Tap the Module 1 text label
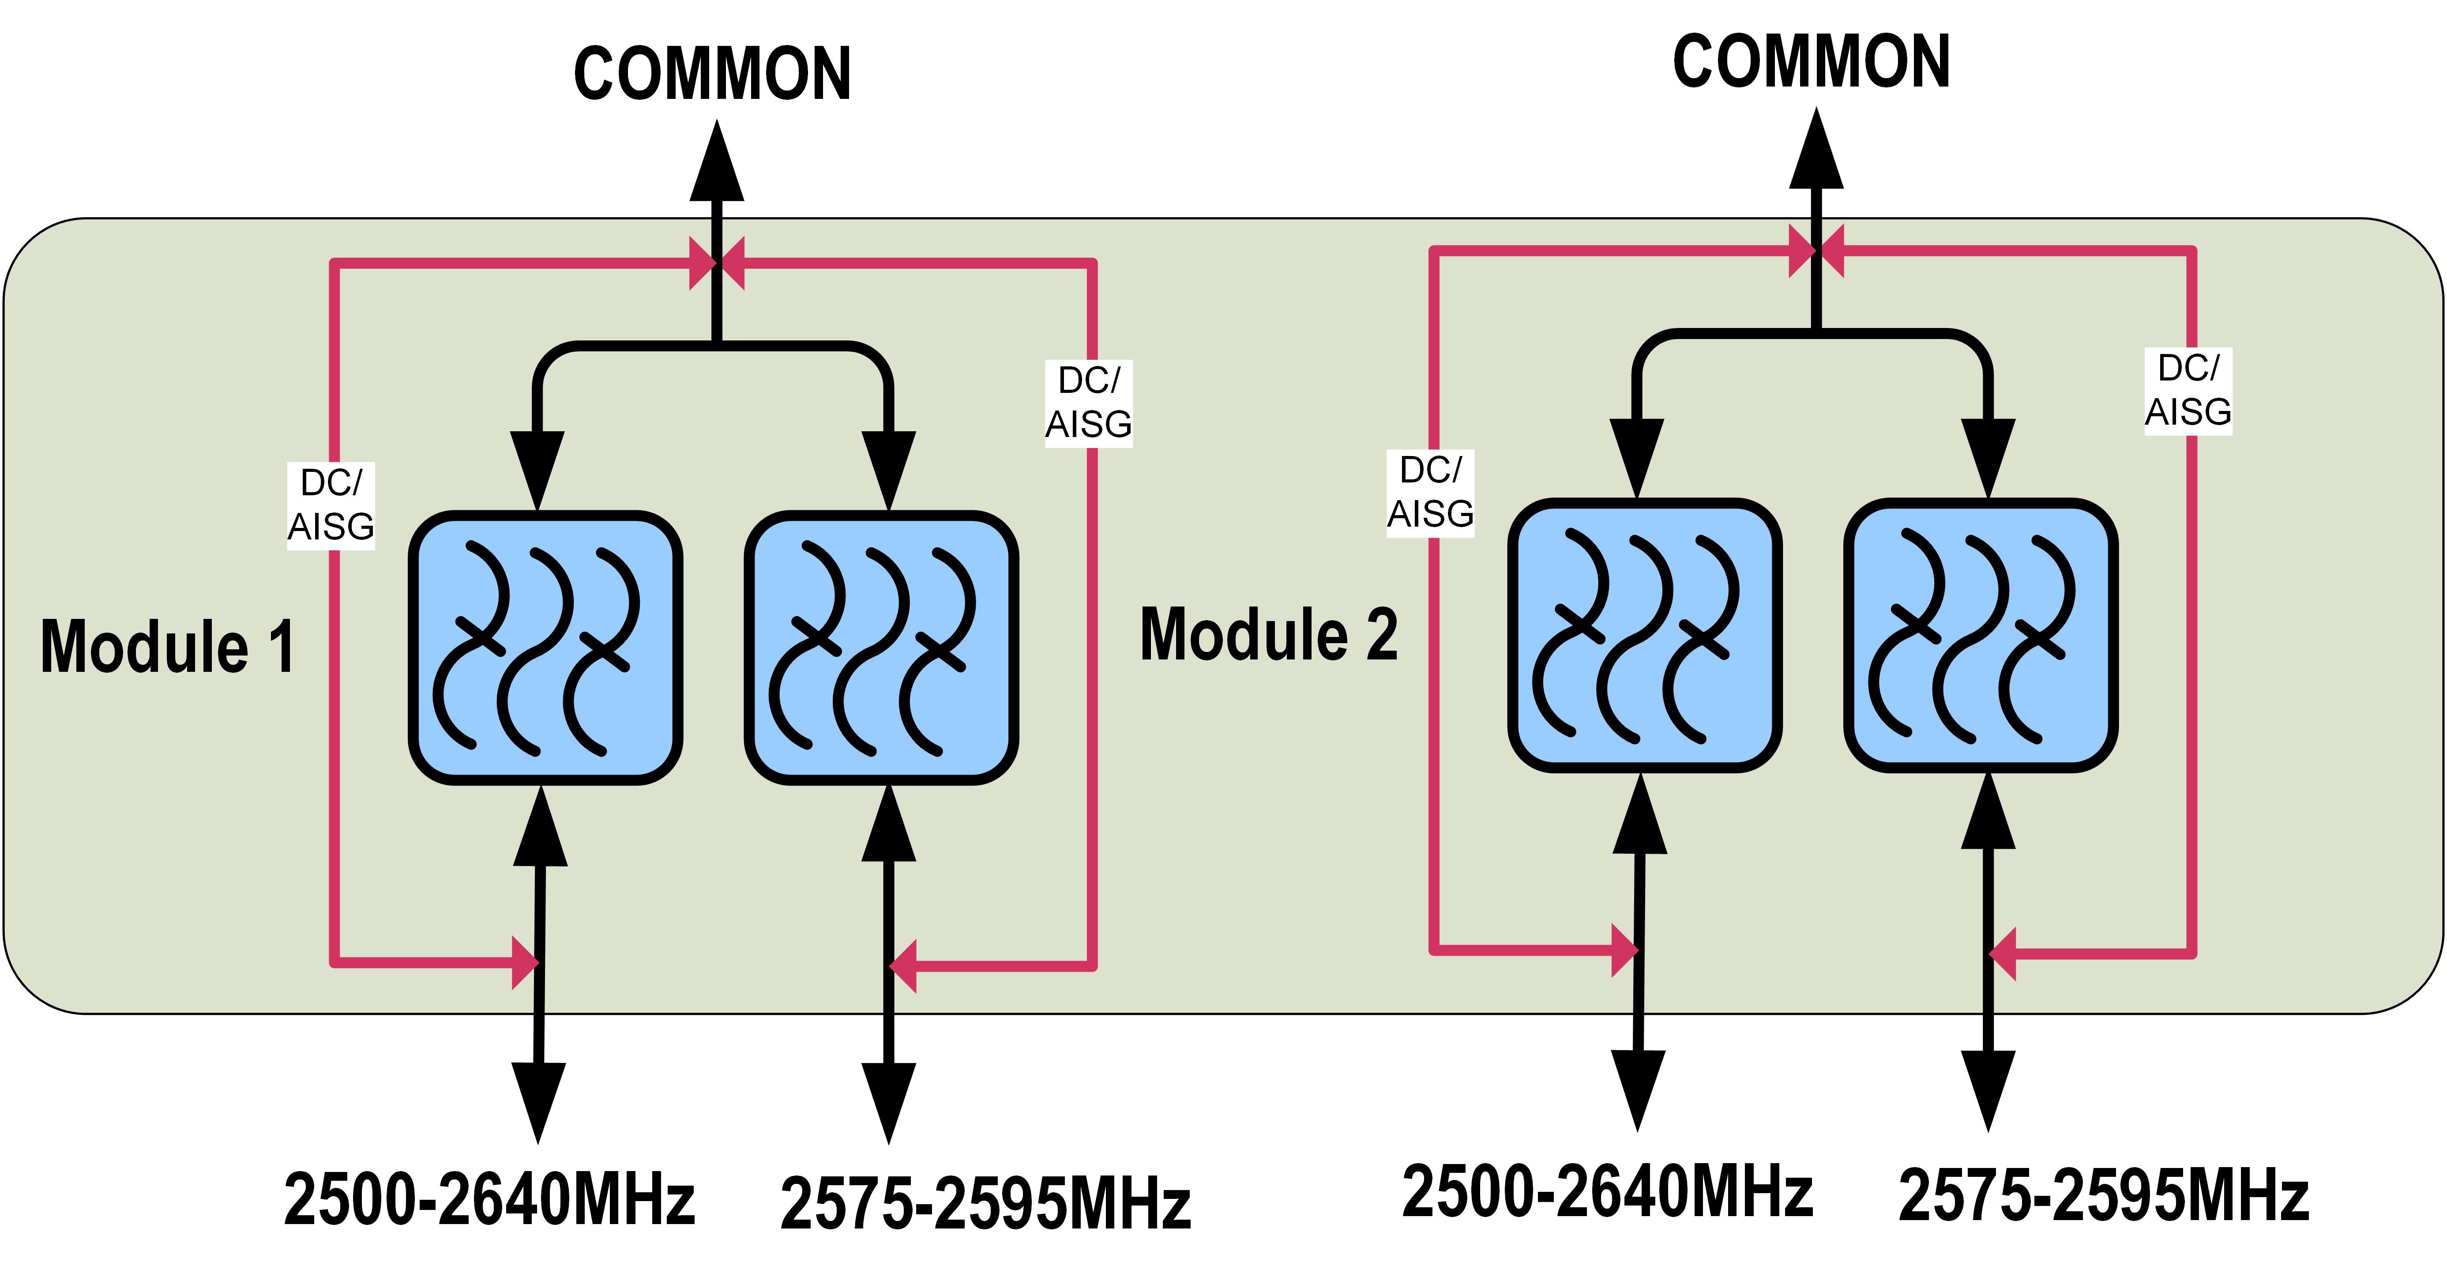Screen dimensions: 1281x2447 tap(167, 646)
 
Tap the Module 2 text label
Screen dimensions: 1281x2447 tap(1268, 635)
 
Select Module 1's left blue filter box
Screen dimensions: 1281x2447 tap(545, 647)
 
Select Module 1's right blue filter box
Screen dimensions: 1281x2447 tap(882, 647)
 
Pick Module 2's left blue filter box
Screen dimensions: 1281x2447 tap(1644, 635)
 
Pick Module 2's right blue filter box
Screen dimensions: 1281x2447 tap(1981, 635)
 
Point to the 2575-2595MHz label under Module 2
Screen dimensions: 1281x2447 tap(2103, 1195)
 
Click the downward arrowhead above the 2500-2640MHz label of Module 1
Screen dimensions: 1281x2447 tap(539, 1100)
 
